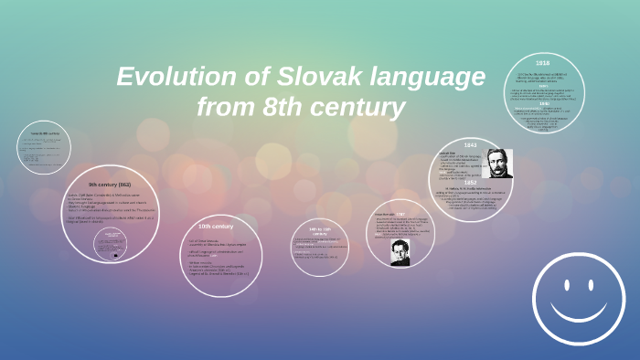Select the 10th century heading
(x=216, y=226)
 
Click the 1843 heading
(x=470, y=145)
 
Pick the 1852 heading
(x=471, y=182)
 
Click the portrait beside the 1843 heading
(x=498, y=163)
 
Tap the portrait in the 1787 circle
(x=400, y=252)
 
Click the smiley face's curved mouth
(x=581, y=309)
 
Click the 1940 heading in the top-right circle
(x=543, y=104)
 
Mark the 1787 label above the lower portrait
(x=400, y=216)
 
